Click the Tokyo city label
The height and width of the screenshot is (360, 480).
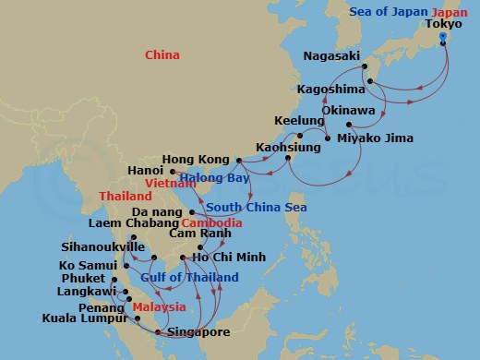446,25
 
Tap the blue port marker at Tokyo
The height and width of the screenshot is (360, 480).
444,38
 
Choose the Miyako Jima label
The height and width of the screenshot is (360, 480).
375,138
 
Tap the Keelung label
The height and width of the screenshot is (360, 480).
299,121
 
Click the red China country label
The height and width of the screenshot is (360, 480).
162,56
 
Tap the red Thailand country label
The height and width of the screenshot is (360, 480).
126,197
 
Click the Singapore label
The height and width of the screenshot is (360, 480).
198,331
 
